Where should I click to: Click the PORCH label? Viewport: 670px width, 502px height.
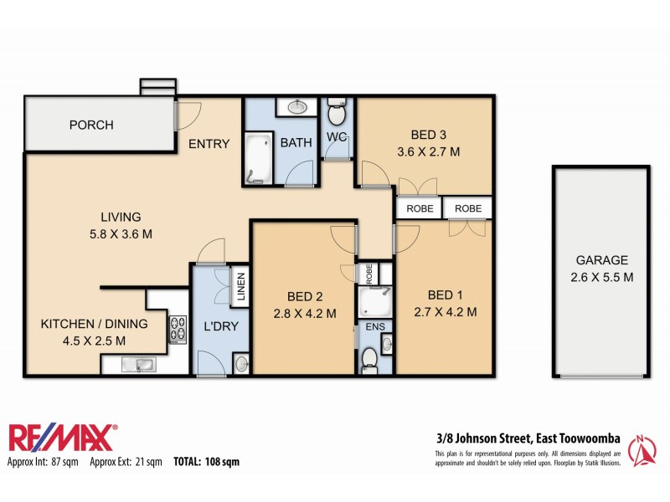[x=91, y=125]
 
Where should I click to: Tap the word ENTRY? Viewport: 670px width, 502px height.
[x=209, y=144]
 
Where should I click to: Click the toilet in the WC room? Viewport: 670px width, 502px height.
[x=337, y=110]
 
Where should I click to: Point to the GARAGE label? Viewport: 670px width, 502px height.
[x=600, y=260]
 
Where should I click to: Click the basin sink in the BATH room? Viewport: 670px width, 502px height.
[x=298, y=107]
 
